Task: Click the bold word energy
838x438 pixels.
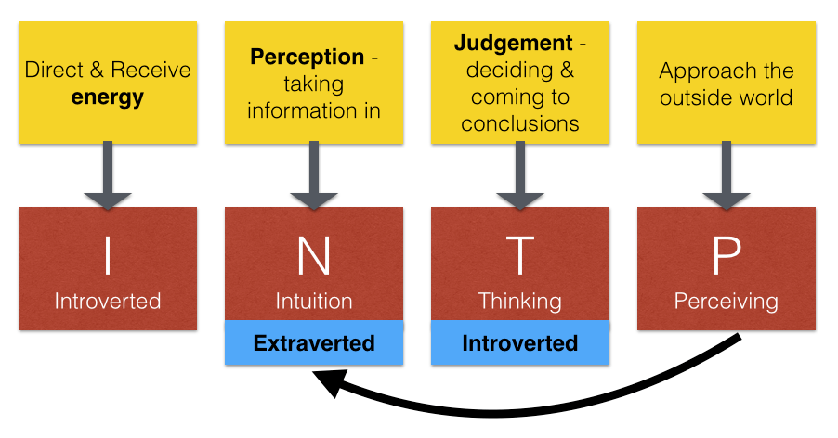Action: [x=108, y=98]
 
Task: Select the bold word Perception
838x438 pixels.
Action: [x=308, y=58]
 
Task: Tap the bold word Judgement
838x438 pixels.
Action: [x=514, y=44]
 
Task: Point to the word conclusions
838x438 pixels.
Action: [x=520, y=123]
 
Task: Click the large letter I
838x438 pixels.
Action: [x=108, y=255]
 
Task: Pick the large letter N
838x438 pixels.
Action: [x=314, y=255]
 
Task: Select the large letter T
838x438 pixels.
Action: [x=520, y=255]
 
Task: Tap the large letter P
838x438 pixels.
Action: [x=727, y=255]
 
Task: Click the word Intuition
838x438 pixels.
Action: [x=314, y=302]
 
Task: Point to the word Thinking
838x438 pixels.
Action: [x=520, y=302]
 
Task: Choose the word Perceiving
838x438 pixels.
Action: [x=727, y=302]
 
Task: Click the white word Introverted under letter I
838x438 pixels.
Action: [x=108, y=302]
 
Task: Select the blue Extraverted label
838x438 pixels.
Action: [x=314, y=343]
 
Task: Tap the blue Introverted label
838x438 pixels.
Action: [x=520, y=343]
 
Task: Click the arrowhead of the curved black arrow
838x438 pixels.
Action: [x=327, y=383]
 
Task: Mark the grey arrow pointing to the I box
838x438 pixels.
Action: [x=108, y=175]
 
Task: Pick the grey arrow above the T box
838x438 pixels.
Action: [x=520, y=175]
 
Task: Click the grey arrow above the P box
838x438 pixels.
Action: [x=727, y=175]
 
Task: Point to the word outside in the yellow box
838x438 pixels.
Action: [x=692, y=98]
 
